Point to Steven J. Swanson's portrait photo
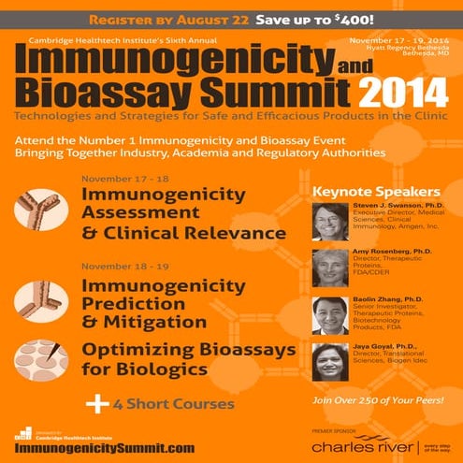coord(330,222)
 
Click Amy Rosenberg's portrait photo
coord(330,268)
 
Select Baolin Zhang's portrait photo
coord(330,315)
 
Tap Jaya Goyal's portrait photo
coord(330,362)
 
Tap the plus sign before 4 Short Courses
coord(94,403)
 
